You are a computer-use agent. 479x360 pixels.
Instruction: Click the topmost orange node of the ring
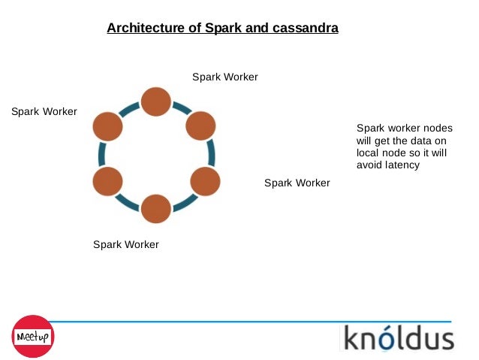[x=156, y=101]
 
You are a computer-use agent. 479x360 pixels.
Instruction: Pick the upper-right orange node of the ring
[x=200, y=126]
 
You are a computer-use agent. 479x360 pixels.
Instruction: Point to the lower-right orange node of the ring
[x=205, y=181]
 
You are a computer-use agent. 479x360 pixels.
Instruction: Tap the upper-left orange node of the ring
[x=107, y=126]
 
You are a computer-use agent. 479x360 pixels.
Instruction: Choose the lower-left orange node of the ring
[x=107, y=181]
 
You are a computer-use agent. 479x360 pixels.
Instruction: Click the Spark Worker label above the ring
[x=225, y=77]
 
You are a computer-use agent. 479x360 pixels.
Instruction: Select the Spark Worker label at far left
[x=44, y=112]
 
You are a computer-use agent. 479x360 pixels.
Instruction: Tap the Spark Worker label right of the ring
[x=297, y=183]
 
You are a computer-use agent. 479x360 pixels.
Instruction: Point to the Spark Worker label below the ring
[x=126, y=245]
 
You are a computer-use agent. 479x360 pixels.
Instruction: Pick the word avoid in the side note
[x=369, y=165]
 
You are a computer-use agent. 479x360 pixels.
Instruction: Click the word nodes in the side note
[x=438, y=129]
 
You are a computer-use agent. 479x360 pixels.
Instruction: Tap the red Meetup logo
[x=33, y=336]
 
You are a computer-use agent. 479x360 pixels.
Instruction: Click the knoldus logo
[x=399, y=337]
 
